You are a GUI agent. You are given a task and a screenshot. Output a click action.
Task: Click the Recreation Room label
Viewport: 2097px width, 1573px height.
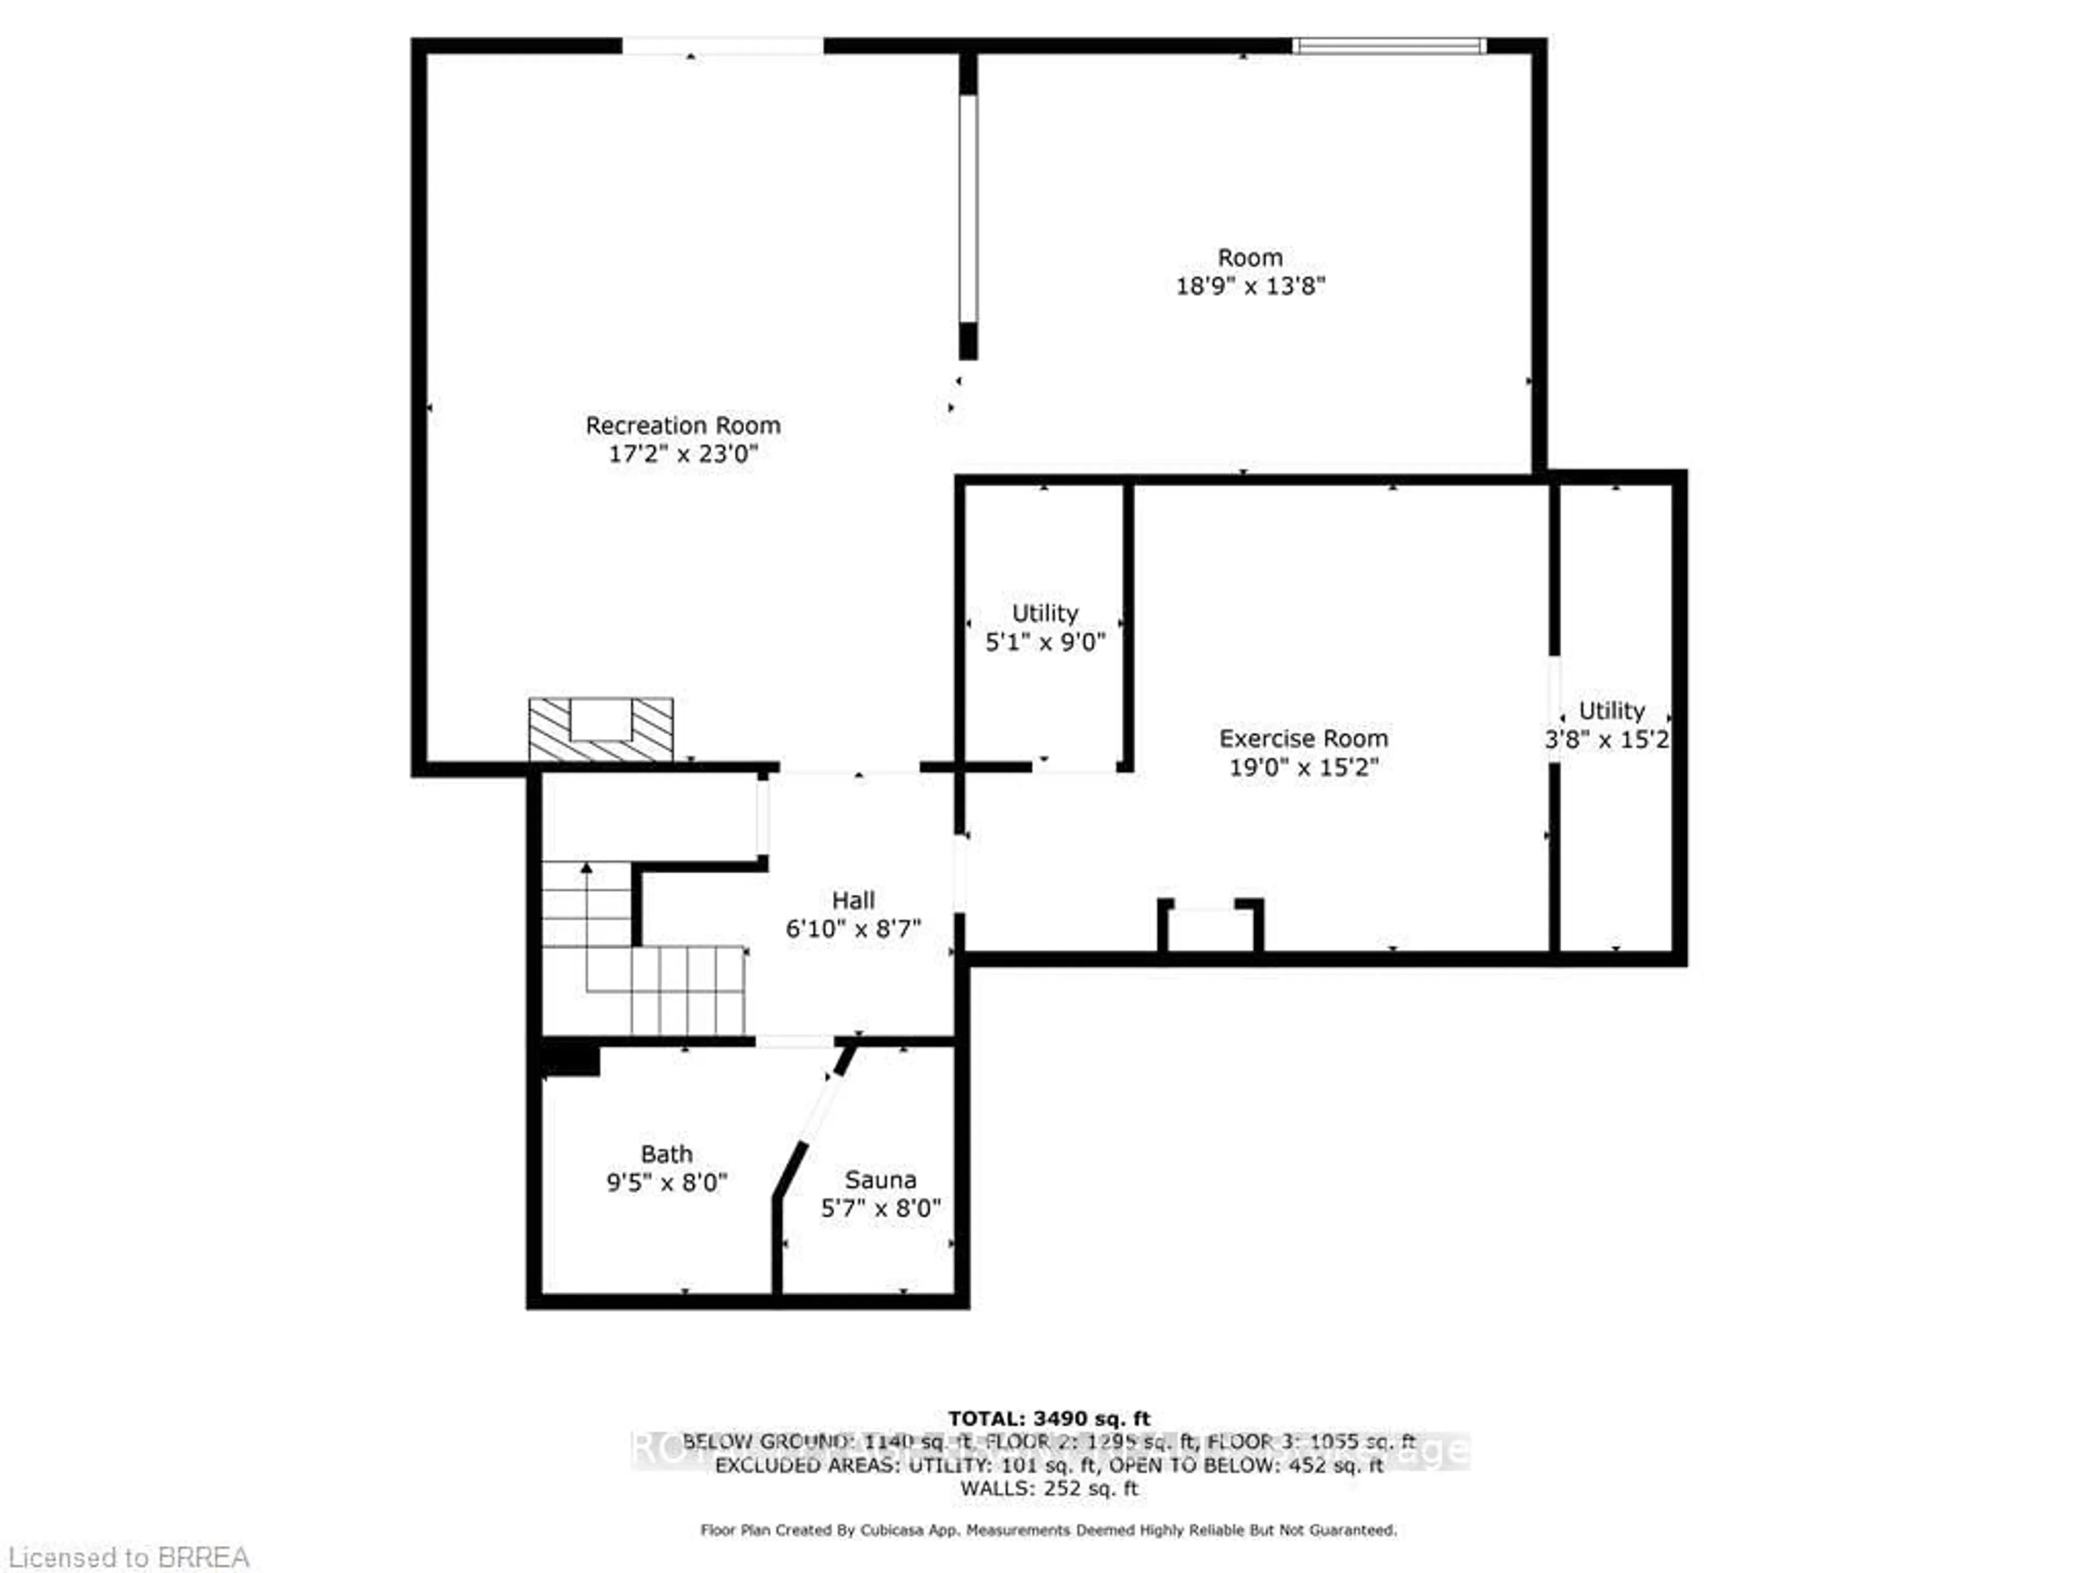[683, 425]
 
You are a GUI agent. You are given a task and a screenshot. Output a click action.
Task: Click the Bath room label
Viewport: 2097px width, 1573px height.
[666, 1154]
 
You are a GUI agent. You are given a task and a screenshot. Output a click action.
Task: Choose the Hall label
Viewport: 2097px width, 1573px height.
[852, 900]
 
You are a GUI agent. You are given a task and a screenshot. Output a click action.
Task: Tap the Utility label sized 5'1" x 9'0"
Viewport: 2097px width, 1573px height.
[1045, 613]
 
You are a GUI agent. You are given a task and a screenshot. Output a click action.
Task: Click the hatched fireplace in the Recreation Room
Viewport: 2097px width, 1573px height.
[600, 730]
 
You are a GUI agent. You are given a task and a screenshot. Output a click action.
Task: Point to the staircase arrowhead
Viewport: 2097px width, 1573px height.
[587, 867]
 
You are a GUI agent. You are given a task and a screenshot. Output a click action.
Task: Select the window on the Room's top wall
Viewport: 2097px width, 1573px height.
[1389, 45]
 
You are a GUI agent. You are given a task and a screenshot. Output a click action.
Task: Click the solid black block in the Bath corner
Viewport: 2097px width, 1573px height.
[571, 1058]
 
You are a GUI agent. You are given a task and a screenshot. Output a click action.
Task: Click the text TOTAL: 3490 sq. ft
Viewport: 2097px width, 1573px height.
[1048, 1418]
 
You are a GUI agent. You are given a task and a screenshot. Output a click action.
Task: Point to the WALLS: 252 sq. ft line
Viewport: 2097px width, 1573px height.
[1048, 1488]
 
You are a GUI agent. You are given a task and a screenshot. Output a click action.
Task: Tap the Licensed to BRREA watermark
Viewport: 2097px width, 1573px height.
[128, 1557]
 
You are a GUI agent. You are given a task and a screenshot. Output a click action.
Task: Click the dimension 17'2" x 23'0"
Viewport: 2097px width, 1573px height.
[683, 454]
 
